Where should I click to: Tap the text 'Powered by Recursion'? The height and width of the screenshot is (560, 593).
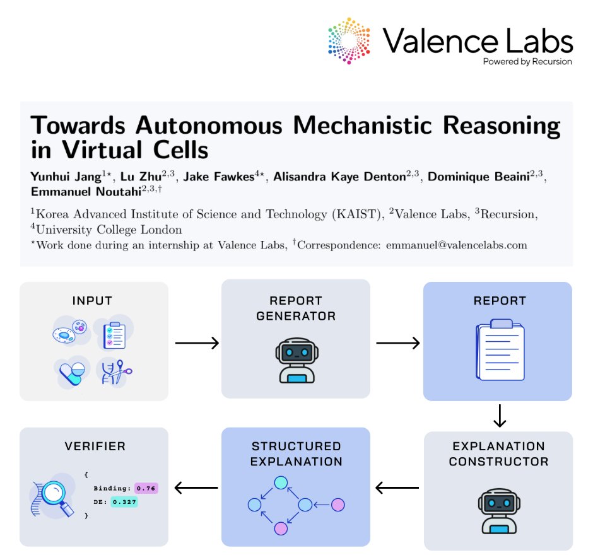tap(527, 62)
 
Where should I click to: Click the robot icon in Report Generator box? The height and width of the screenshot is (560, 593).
tap(295, 361)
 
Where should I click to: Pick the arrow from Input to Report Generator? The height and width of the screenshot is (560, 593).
tap(196, 343)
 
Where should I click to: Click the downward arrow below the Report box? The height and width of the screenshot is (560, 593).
tap(498, 416)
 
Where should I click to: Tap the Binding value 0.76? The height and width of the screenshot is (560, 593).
tap(146, 488)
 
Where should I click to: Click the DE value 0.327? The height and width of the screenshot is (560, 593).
tap(124, 502)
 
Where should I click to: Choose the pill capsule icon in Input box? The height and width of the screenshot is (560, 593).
tap(71, 373)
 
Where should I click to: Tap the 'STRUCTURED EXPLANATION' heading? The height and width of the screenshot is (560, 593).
tap(296, 454)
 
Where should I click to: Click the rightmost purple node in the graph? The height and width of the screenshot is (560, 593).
tap(338, 505)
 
